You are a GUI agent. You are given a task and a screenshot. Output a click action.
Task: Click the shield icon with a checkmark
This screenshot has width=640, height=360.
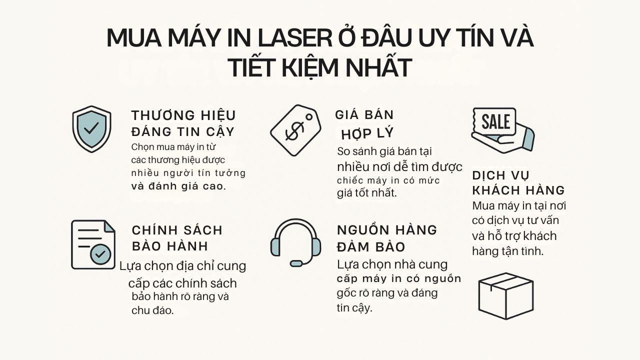(91, 129)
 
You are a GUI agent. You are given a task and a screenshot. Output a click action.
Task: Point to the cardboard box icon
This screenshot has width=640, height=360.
(505, 295)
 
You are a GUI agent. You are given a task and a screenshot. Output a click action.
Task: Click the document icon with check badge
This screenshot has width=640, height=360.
(93, 244)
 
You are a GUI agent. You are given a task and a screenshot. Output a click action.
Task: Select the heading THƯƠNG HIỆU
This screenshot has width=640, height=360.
(183, 115)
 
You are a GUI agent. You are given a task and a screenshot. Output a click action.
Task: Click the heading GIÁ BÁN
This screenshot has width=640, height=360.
(364, 115)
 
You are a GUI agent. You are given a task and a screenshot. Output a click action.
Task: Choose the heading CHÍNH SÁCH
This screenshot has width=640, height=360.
(177, 230)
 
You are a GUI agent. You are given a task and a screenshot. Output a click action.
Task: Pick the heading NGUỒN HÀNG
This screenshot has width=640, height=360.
(387, 230)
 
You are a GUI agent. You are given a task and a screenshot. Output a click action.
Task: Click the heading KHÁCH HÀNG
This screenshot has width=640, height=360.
(518, 190)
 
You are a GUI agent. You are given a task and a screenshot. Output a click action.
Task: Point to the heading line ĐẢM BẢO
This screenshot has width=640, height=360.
(371, 247)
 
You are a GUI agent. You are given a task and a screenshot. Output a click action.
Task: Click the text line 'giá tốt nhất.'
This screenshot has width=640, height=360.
(367, 193)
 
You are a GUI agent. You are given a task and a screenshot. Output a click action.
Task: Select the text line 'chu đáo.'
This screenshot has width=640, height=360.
(152, 310)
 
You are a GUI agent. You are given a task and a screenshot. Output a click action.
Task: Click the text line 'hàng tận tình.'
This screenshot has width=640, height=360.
(507, 251)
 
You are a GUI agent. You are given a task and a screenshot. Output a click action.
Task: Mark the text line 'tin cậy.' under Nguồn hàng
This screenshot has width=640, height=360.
(354, 308)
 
